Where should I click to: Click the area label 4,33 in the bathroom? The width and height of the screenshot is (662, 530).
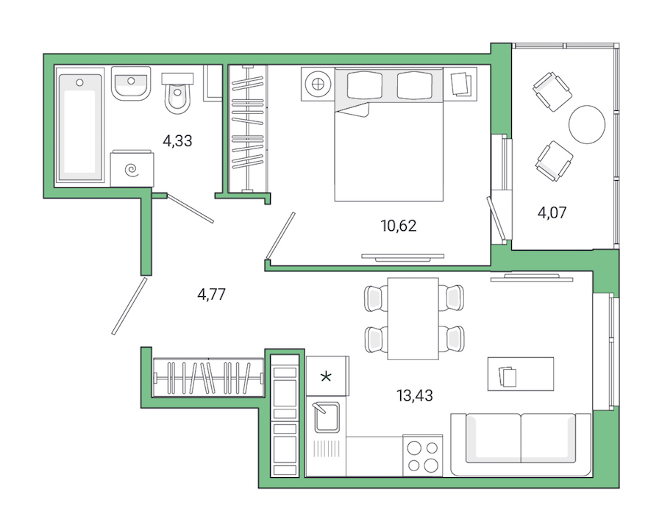pos(177,140)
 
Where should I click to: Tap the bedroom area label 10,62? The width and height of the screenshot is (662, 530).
pos(399,226)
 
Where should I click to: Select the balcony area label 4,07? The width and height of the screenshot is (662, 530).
pos(552,214)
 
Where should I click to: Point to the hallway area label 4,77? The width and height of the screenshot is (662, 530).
pos(211,295)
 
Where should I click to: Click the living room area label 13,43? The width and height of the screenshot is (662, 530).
pos(415,395)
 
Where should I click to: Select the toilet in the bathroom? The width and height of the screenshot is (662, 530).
pos(177,93)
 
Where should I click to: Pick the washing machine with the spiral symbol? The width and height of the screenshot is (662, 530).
pos(132,171)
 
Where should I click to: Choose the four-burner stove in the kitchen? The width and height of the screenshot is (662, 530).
pos(422,455)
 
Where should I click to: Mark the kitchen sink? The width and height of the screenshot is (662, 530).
pos(325,417)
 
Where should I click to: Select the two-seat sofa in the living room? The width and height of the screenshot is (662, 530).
pos(521,444)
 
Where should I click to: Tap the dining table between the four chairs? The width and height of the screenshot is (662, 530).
pos(413,318)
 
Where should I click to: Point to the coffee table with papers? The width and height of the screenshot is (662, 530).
pos(521,374)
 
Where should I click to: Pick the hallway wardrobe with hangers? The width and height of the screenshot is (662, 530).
pos(209,377)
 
